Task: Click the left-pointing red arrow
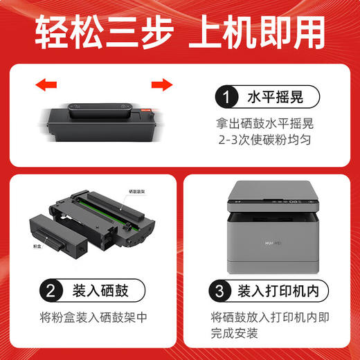click(45, 85)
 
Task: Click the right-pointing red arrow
click(161, 85)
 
